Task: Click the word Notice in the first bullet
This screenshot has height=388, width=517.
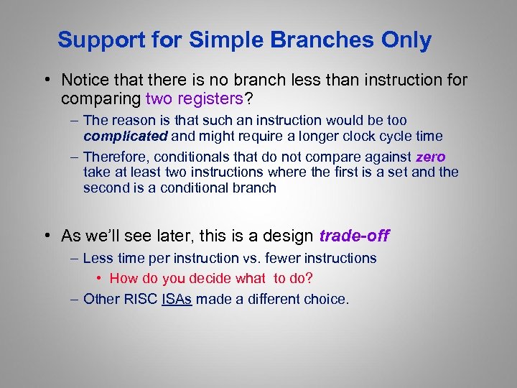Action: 85,80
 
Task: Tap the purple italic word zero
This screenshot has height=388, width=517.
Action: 430,157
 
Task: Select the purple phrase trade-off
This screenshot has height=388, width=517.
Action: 354,236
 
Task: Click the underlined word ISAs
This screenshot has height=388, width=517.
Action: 177,298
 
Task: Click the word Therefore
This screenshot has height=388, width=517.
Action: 116,157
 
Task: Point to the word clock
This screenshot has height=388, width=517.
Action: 368,137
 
